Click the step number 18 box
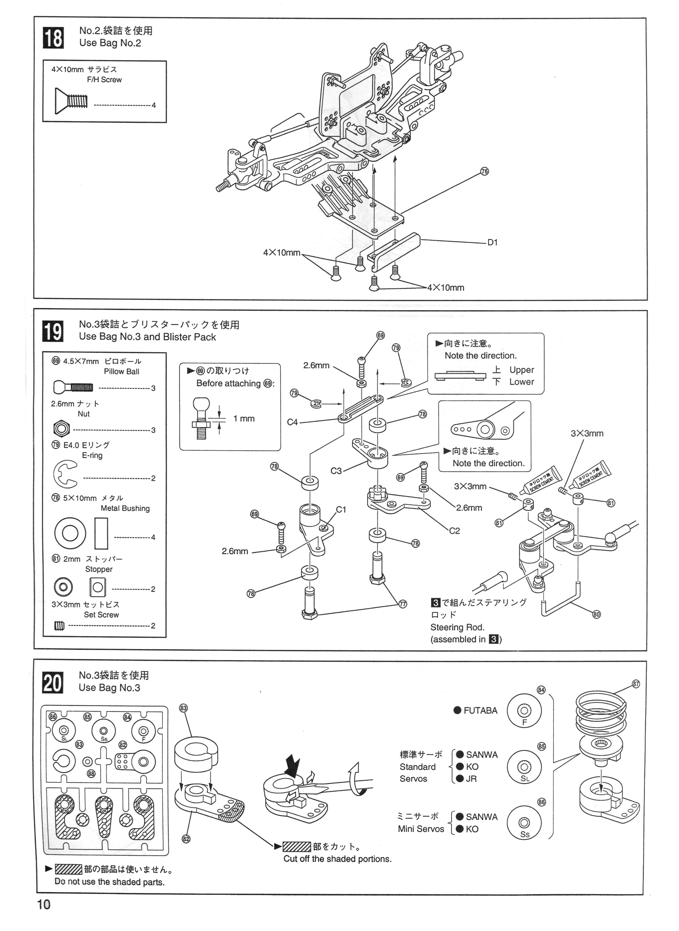pyautogui.click(x=53, y=38)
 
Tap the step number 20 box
pyautogui.click(x=53, y=683)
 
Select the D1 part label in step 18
pyautogui.click(x=493, y=242)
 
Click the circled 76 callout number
pyautogui.click(x=484, y=171)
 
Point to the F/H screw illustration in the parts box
pyautogui.click(x=71, y=101)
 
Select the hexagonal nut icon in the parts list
pyautogui.click(x=61, y=429)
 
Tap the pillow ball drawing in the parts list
pyautogui.click(x=73, y=387)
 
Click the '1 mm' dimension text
pyautogui.click(x=244, y=419)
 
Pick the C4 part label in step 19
pyautogui.click(x=292, y=422)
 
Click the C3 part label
pyautogui.click(x=336, y=471)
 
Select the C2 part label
pyautogui.click(x=455, y=531)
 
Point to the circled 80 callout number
pyautogui.click(x=596, y=615)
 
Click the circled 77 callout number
pyautogui.click(x=403, y=604)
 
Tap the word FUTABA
pyautogui.click(x=480, y=711)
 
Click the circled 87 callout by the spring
pyautogui.click(x=636, y=684)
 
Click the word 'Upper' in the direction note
pyautogui.click(x=521, y=370)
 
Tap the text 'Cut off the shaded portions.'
pyautogui.click(x=337, y=859)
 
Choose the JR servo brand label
pyautogui.click(x=471, y=778)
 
